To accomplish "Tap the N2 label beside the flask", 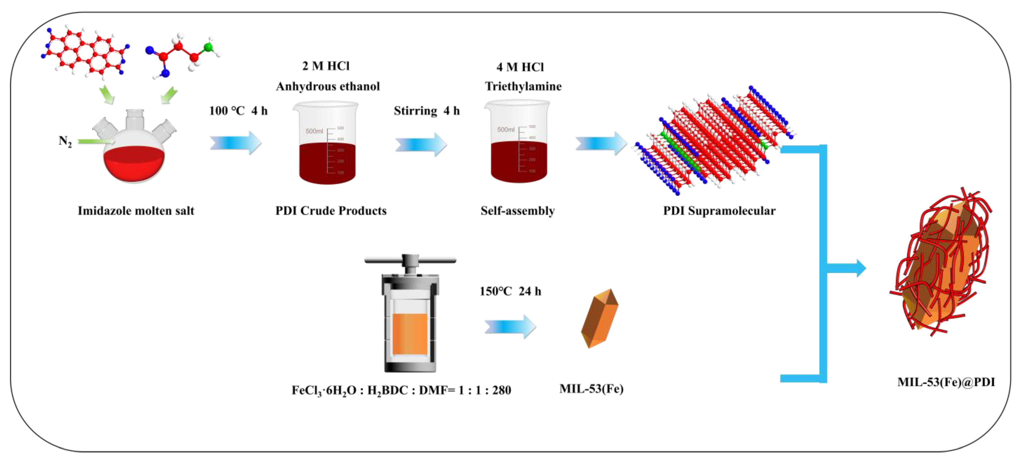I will (x=65, y=141).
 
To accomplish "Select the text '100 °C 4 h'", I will (x=238, y=111).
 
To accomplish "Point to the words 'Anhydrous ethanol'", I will (x=328, y=86).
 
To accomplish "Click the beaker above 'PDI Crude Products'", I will (x=326, y=143).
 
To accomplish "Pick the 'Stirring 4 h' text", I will (x=426, y=111).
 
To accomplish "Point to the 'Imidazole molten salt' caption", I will (x=136, y=211).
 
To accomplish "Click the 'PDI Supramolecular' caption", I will (x=719, y=211).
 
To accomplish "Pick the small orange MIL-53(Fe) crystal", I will (x=599, y=318).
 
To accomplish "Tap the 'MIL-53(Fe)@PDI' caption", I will (x=946, y=382).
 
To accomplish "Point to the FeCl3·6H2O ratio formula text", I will (x=401, y=390).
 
